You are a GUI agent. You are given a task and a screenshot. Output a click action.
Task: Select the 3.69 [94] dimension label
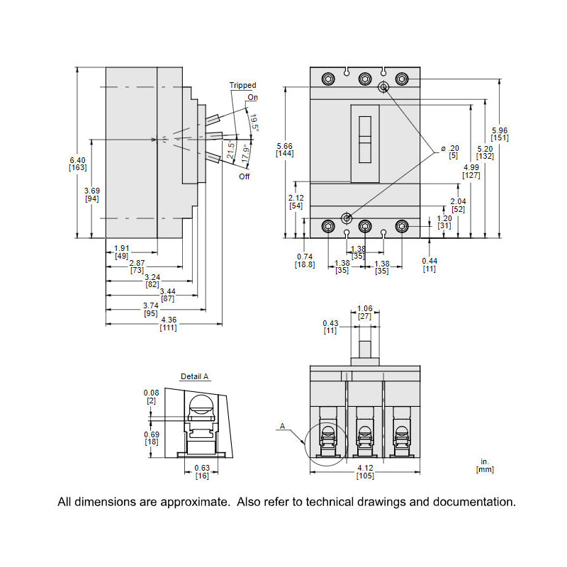pos(92,194)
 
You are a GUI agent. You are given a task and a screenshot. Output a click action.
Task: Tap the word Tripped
pos(242,85)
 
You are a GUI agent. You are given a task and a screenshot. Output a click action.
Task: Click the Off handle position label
pos(245,176)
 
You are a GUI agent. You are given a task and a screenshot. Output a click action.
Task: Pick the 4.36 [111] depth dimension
pos(168,324)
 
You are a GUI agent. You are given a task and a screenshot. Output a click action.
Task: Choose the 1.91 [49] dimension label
pos(121,252)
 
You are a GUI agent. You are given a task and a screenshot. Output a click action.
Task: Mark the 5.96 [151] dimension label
pos(500,134)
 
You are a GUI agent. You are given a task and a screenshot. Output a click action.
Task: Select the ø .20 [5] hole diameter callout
pos(450,152)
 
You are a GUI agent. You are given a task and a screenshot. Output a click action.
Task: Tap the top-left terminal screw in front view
pos(327,79)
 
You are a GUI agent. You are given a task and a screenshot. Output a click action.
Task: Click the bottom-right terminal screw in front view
pos(401,227)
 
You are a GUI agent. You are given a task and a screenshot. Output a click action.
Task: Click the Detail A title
pos(195,376)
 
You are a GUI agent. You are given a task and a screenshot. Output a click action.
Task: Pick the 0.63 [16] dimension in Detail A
pos(202,471)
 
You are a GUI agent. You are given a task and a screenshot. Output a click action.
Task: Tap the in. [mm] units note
pos(485,465)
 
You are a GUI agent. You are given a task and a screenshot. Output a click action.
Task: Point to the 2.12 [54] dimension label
pos(296,201)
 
